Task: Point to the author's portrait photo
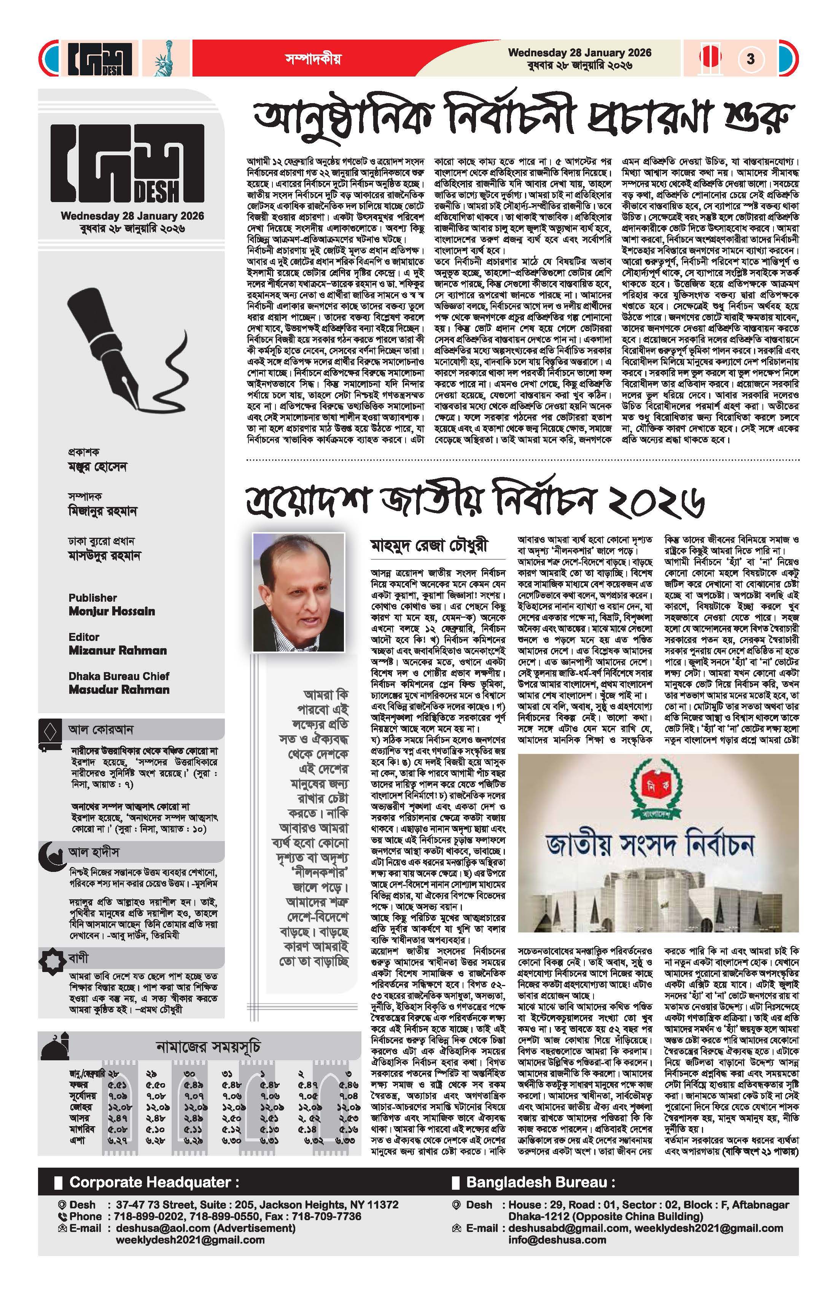(x=298, y=591)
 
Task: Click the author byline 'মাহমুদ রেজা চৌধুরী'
(x=430, y=545)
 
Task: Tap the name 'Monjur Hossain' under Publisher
(x=111, y=611)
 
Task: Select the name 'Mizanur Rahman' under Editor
(x=118, y=650)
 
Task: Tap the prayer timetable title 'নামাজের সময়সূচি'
(x=208, y=1045)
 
